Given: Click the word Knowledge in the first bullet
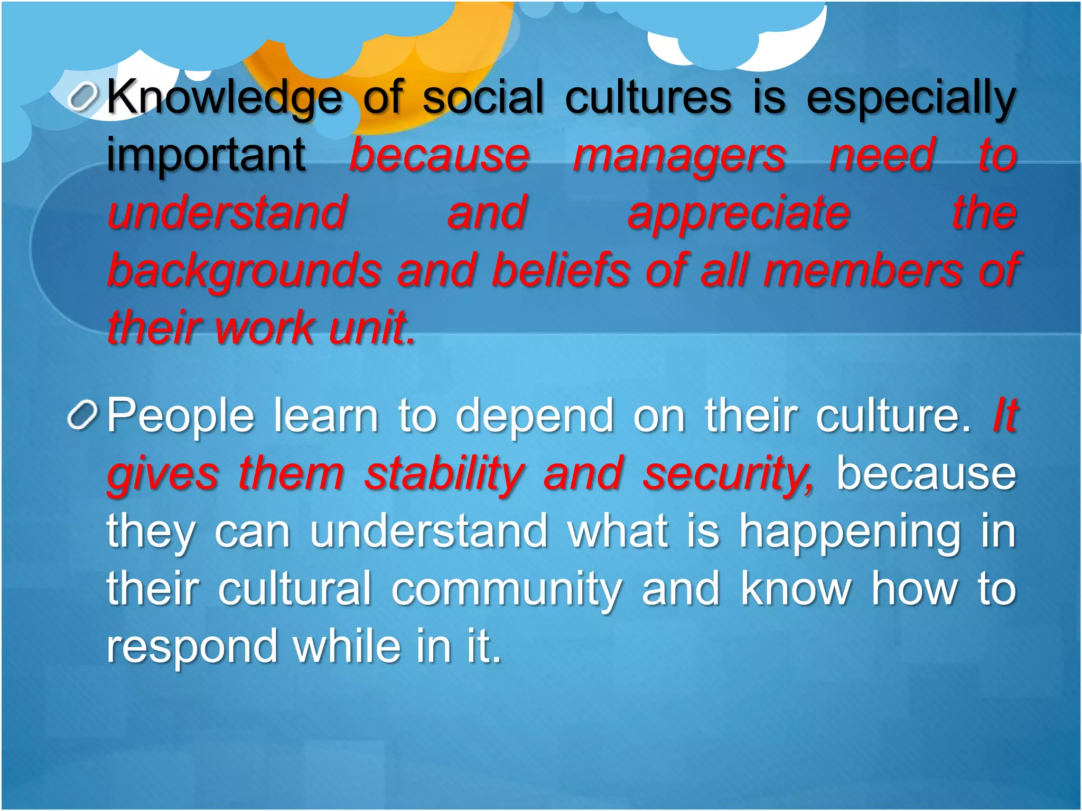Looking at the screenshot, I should tap(225, 98).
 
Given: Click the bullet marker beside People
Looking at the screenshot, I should tap(83, 415).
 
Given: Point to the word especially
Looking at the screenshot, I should tap(911, 98).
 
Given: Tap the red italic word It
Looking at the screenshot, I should tap(1004, 415).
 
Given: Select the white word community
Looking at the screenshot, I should tap(506, 589).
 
